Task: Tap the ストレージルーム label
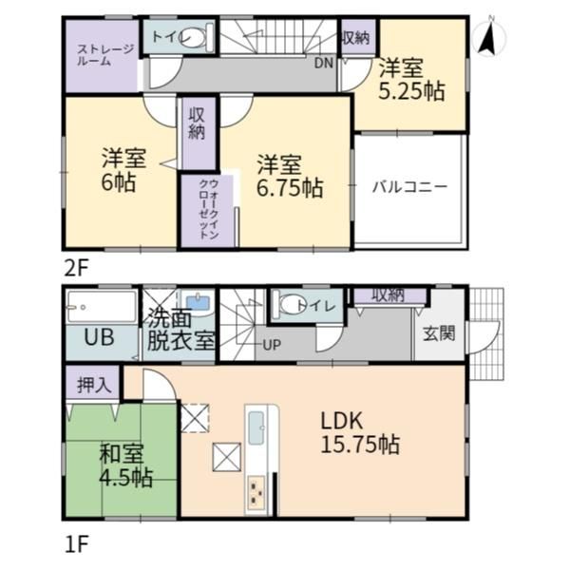click(104, 55)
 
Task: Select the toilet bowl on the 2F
click(198, 36)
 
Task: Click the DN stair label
click(324, 64)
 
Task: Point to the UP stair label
click(272, 345)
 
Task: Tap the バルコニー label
click(409, 187)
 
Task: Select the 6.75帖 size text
click(290, 188)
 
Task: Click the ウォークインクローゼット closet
click(208, 210)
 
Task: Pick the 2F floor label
click(76, 268)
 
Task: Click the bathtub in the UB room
click(102, 307)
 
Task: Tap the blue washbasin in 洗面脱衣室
click(198, 302)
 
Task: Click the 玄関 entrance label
click(439, 333)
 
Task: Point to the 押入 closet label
click(94, 385)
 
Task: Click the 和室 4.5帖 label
click(125, 465)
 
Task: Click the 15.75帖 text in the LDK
click(360, 445)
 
